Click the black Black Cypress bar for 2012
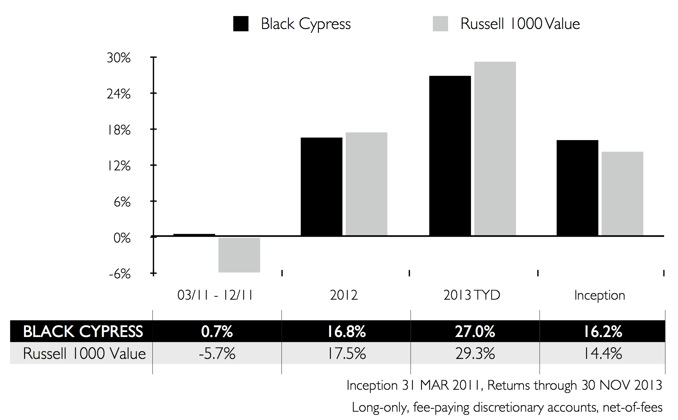321,186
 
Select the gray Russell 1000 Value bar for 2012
366,184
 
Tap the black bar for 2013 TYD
450,156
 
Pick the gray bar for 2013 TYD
495,148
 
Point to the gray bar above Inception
622,193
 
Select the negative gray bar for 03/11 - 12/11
239,255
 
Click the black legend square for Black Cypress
241,24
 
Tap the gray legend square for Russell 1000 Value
440,24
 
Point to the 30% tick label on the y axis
119,58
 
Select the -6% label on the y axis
119,274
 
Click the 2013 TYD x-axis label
472,295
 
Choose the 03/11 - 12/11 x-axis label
215,295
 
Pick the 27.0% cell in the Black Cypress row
475,331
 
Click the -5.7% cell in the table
217,353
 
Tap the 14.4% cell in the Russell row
603,353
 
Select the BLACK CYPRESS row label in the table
83,331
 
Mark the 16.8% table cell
346,331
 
